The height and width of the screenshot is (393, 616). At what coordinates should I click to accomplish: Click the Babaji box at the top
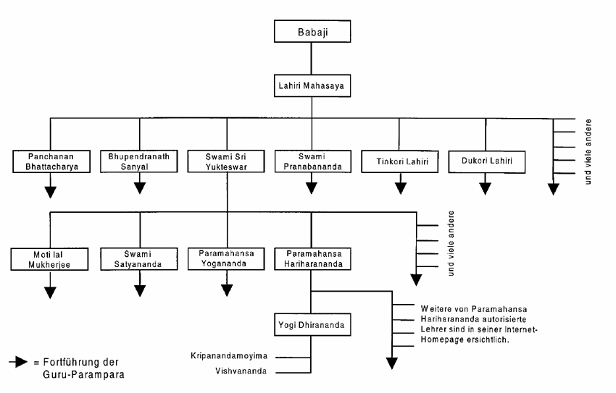coord(312,31)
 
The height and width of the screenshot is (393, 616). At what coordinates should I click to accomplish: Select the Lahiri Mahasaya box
coord(312,85)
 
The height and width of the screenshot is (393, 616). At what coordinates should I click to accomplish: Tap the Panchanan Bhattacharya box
coord(51,161)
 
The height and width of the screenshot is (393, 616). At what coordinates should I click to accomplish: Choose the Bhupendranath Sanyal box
coord(138,161)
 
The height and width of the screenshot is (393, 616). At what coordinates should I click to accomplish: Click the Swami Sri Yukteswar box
coord(226,161)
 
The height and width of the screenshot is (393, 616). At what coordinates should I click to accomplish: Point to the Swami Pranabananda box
coord(313,161)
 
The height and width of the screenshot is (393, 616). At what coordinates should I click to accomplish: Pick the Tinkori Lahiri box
coord(399,161)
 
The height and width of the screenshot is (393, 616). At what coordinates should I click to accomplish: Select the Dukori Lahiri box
coord(487,161)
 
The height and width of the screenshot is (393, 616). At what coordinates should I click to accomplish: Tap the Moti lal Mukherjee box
coord(49,259)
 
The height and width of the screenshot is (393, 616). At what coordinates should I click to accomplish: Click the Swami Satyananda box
coord(138,259)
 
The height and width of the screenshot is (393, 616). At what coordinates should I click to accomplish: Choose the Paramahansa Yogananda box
coord(226,259)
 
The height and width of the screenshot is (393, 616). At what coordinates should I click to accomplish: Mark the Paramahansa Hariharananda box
coord(313,259)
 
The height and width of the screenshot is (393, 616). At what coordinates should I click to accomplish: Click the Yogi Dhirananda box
coord(312,324)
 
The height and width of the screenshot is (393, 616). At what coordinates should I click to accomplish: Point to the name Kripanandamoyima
coord(229,356)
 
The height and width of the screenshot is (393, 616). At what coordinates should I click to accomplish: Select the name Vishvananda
coord(241,371)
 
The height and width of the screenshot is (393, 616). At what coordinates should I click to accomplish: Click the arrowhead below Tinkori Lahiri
coord(400,189)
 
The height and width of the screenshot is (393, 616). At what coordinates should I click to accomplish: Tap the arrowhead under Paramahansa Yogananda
coord(227,290)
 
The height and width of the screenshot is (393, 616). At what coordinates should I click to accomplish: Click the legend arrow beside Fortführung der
coord(18,362)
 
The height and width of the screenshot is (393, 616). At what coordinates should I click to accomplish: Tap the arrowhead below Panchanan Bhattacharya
coord(50,193)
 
